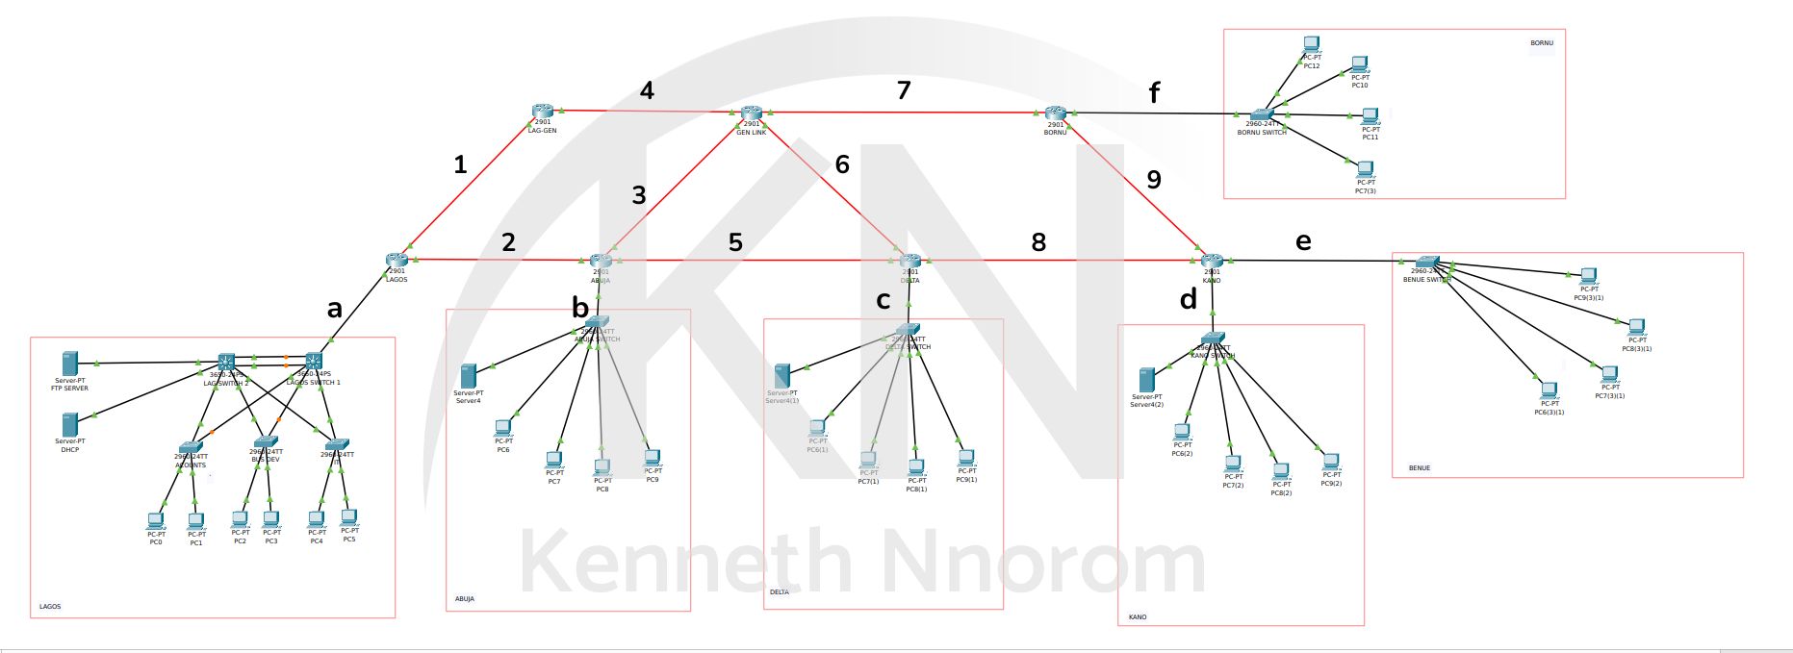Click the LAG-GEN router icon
(x=543, y=112)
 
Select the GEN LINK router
(x=752, y=113)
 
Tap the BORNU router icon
(x=1056, y=113)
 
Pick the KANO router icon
(x=1212, y=261)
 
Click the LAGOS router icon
(x=397, y=260)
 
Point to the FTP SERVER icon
(x=69, y=364)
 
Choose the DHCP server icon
(x=69, y=424)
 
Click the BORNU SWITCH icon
(x=1261, y=114)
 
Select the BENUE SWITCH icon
(x=1426, y=262)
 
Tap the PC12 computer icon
(x=1311, y=44)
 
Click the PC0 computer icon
(x=155, y=520)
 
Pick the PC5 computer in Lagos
(x=349, y=517)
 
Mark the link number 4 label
(x=647, y=90)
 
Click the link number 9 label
(x=1154, y=180)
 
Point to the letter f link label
(x=1154, y=93)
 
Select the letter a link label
(x=335, y=310)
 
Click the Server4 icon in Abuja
(x=469, y=376)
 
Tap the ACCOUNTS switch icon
(x=191, y=448)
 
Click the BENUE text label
(x=1420, y=468)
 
